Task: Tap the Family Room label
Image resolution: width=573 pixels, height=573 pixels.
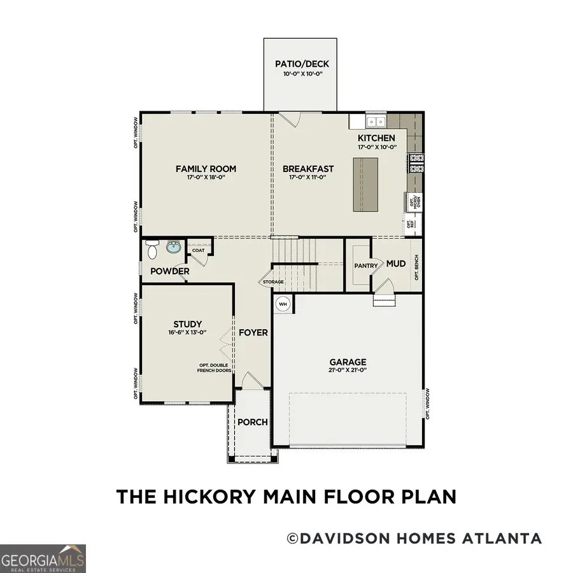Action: coord(206,169)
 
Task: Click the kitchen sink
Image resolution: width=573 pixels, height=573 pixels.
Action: coord(376,121)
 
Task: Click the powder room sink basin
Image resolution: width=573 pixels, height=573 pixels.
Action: coord(173,248)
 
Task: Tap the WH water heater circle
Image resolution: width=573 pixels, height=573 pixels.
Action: coord(282,304)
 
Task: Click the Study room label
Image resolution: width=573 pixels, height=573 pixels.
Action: coord(187,323)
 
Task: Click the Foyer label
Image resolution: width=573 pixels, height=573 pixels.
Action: coord(253,332)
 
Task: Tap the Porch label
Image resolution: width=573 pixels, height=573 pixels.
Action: coord(253,422)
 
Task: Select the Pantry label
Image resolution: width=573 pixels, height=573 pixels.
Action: coord(367,266)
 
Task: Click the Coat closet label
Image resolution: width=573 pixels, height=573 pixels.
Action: coord(198,250)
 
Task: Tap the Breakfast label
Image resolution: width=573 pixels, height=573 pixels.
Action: coord(308,169)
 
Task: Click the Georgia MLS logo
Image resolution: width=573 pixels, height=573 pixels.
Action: coord(43,558)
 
